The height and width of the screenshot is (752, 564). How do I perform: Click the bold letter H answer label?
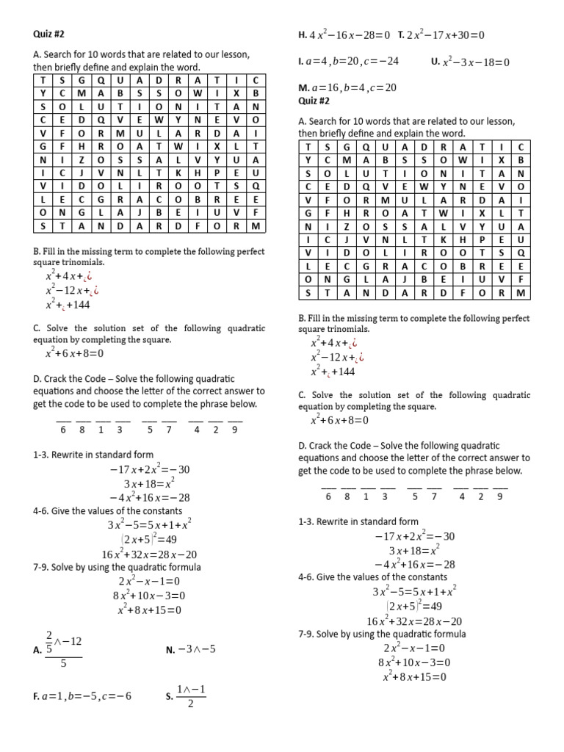pyautogui.click(x=302, y=35)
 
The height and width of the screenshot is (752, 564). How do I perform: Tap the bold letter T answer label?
pyautogui.click(x=401, y=35)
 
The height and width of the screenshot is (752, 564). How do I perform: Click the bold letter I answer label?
pyautogui.click(x=301, y=62)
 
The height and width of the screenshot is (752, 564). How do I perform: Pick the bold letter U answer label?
pyautogui.click(x=434, y=62)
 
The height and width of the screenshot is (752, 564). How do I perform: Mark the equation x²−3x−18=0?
pyautogui.click(x=476, y=62)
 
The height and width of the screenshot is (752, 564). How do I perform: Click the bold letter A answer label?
pyautogui.click(x=37, y=649)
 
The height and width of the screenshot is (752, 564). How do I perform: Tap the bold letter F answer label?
pyautogui.click(x=36, y=696)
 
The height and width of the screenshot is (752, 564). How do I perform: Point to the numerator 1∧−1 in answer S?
pyautogui.click(x=190, y=689)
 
